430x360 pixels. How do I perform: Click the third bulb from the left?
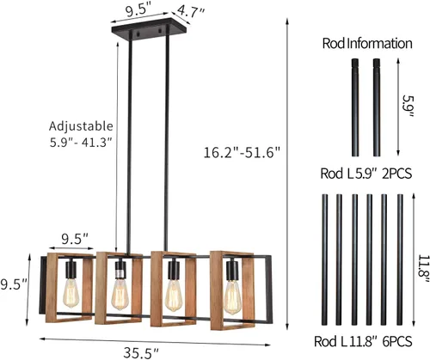pos(172,294)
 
